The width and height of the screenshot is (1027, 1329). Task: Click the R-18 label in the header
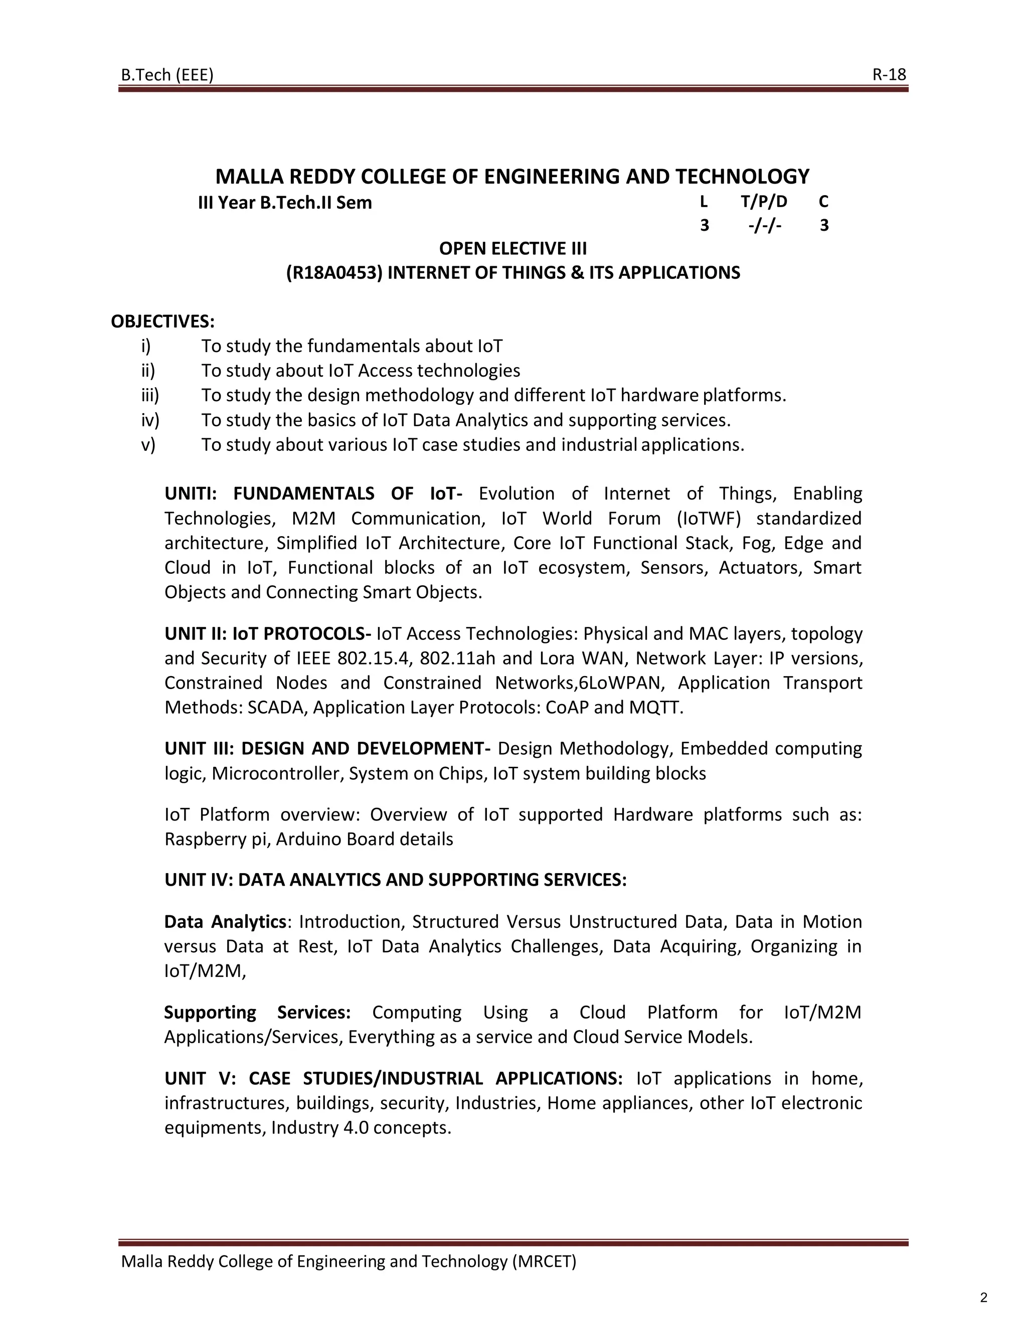pyautogui.click(x=889, y=74)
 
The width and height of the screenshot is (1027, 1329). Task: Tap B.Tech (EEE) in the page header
pyautogui.click(x=167, y=75)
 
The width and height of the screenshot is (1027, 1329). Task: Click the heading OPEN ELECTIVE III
pyautogui.click(x=513, y=248)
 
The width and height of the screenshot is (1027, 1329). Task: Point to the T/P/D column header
pyautogui.click(x=764, y=202)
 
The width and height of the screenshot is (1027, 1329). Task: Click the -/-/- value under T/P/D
pyautogui.click(x=765, y=226)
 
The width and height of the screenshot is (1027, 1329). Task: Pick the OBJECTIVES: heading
pyautogui.click(x=162, y=321)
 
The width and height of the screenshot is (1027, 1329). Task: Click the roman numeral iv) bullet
pyautogui.click(x=149, y=420)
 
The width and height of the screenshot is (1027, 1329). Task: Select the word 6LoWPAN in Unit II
pyautogui.click(x=619, y=683)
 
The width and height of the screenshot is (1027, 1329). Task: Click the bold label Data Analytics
pyautogui.click(x=225, y=922)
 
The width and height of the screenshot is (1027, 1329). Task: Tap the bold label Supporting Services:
pyautogui.click(x=257, y=1013)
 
